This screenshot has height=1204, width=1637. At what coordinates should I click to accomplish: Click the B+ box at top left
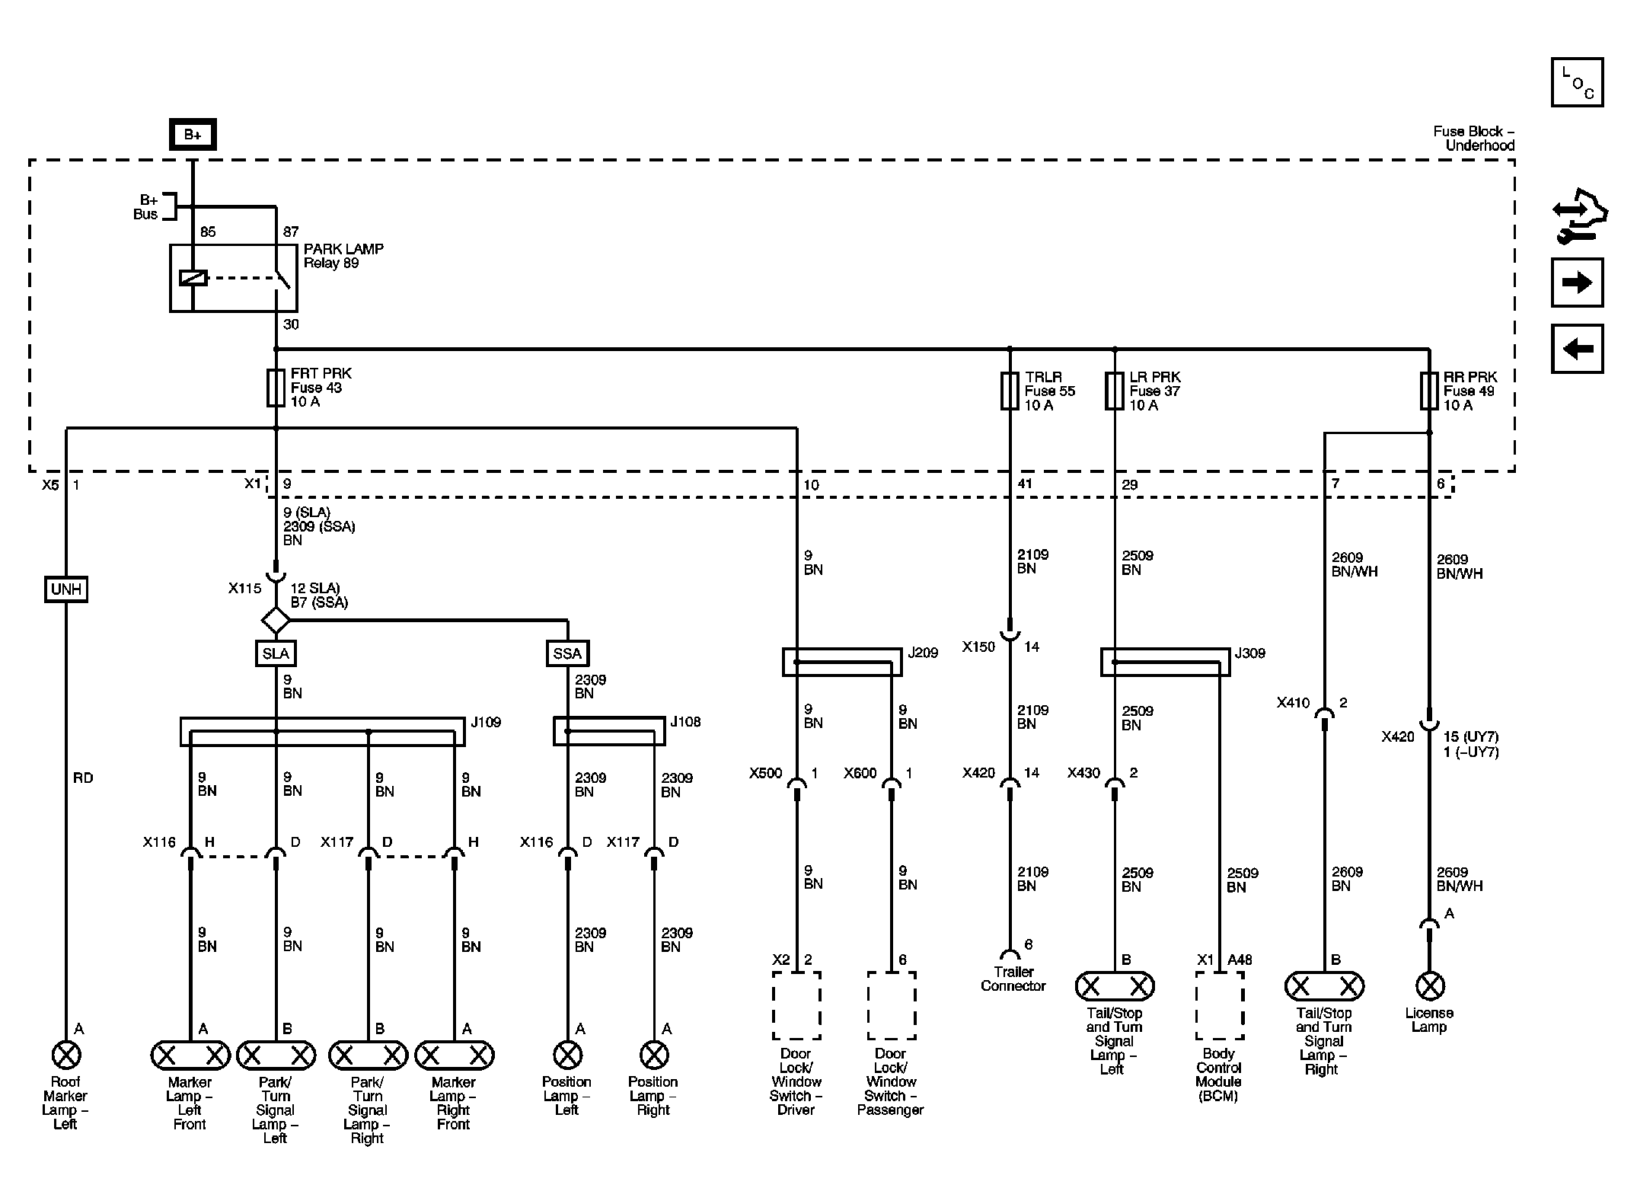(193, 135)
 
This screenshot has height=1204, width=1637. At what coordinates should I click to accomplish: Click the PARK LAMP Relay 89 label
(343, 256)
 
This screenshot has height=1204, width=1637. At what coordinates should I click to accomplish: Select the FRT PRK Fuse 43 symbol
(276, 388)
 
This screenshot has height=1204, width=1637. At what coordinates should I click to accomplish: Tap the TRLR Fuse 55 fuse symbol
(1010, 391)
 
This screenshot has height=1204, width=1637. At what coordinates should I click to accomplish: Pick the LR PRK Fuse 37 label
(1154, 391)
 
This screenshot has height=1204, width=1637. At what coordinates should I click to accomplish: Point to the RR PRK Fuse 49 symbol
(1429, 391)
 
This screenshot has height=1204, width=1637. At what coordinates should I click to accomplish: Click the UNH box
(65, 589)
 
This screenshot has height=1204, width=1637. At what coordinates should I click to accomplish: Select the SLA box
(276, 653)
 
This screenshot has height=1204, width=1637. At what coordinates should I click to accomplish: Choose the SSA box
(567, 653)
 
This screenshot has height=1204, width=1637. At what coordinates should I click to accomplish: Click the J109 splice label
(486, 722)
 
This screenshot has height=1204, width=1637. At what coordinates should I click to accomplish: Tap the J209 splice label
(923, 653)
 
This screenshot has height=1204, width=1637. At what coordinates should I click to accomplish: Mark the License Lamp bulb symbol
(1429, 986)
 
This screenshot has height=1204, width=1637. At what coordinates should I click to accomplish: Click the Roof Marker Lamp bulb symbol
(65, 1055)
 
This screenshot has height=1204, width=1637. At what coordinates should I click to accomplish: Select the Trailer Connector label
(1013, 979)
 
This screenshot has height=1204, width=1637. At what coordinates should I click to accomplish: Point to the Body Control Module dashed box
(1219, 1005)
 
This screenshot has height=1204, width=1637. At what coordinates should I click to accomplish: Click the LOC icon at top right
(1577, 82)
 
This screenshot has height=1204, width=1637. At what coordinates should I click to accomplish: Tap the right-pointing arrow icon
(1577, 283)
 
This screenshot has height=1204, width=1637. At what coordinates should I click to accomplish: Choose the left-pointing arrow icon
(1577, 349)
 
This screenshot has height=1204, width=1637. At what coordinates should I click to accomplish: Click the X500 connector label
(765, 773)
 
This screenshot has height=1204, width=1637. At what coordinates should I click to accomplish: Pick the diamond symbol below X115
(276, 620)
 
